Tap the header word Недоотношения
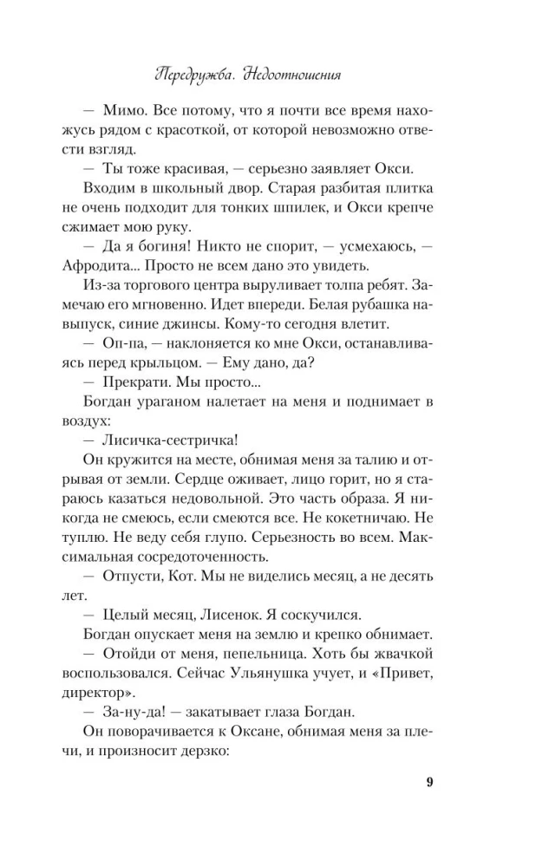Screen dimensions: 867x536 293,75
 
